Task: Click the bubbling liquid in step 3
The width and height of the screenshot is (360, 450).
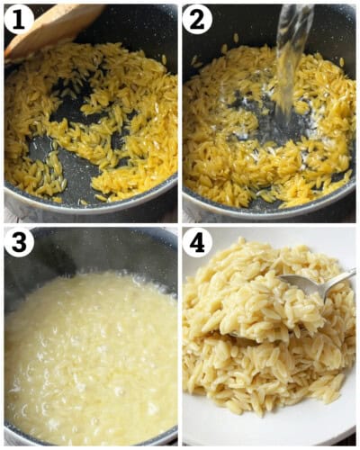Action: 90,360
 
